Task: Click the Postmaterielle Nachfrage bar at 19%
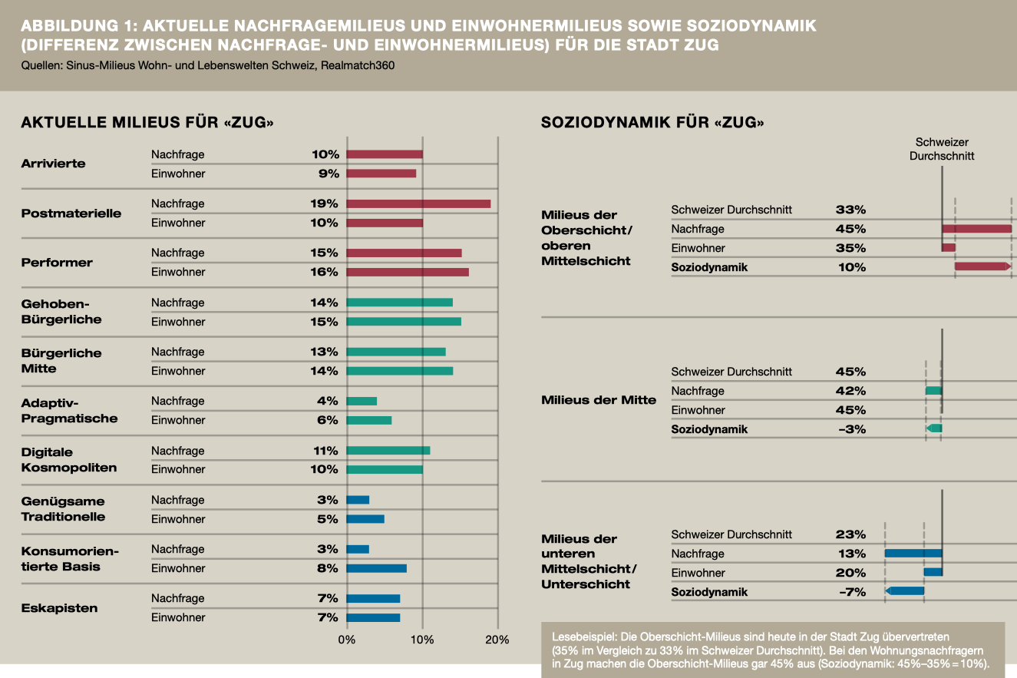click(x=418, y=204)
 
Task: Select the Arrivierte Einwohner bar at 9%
click(x=381, y=174)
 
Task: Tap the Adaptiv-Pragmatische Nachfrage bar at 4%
click(x=362, y=401)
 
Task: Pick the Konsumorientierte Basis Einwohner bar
click(x=376, y=568)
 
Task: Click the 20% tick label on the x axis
click(x=497, y=640)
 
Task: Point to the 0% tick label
click(x=346, y=640)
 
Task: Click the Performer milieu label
click(x=57, y=263)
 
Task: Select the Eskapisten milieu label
click(x=59, y=608)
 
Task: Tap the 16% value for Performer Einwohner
click(x=324, y=272)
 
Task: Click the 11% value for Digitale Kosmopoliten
click(x=325, y=451)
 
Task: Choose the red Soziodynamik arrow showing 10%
click(x=983, y=266)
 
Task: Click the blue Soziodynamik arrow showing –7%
click(x=904, y=590)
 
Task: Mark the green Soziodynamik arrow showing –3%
click(x=934, y=428)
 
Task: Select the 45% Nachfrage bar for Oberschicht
click(x=976, y=229)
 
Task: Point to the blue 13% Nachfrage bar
click(x=913, y=553)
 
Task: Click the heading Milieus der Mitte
click(x=599, y=400)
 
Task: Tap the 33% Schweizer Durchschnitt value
click(x=850, y=210)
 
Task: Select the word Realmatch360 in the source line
click(x=358, y=65)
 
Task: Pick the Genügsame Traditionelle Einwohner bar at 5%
click(x=365, y=519)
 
